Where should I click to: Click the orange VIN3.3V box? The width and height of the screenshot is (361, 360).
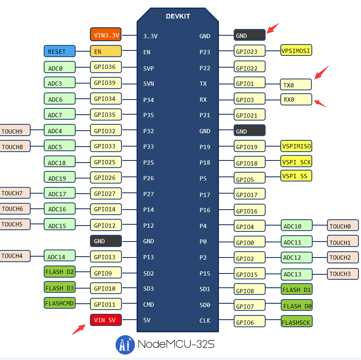pyautogui.click(x=105, y=35)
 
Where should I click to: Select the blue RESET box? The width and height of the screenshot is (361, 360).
pyautogui.click(x=59, y=51)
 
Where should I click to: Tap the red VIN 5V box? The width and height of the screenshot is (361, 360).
pyautogui.click(x=105, y=320)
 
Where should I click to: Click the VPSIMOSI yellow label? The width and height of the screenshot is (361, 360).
pyautogui.click(x=296, y=50)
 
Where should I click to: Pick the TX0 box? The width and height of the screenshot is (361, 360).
pyautogui.click(x=296, y=85)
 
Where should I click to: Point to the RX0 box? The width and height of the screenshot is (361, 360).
pyautogui.click(x=296, y=100)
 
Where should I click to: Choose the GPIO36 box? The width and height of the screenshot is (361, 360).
pyautogui.click(x=105, y=66)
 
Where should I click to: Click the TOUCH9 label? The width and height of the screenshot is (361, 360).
pyautogui.click(x=15, y=131)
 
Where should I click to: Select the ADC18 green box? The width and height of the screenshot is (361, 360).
pyautogui.click(x=59, y=162)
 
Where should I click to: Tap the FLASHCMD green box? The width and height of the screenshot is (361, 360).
pyautogui.click(x=59, y=303)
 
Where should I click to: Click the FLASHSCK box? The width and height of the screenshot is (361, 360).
pyautogui.click(x=296, y=322)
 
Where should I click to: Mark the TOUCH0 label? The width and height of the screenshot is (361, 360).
pyautogui.click(x=343, y=226)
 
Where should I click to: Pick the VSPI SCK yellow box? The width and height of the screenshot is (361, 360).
pyautogui.click(x=296, y=162)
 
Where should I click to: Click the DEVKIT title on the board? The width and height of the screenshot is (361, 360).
pyautogui.click(x=178, y=16)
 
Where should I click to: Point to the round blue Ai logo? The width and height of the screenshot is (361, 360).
pyautogui.click(x=125, y=345)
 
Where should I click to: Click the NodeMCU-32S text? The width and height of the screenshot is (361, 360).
pyautogui.click(x=176, y=345)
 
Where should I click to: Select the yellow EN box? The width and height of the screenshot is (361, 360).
pyautogui.click(x=105, y=51)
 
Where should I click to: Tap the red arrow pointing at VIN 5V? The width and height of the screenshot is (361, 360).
pyautogui.click(x=79, y=329)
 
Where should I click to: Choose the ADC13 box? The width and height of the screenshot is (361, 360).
pyautogui.click(x=296, y=274)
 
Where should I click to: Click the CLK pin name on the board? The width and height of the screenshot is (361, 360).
pyautogui.click(x=205, y=321)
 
